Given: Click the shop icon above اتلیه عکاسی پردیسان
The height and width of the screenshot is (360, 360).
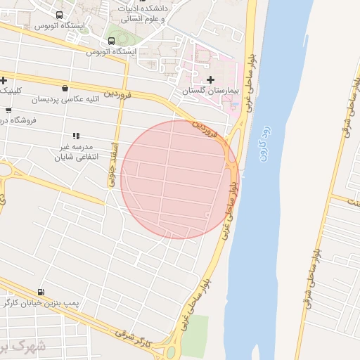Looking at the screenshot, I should click(x=65, y=89).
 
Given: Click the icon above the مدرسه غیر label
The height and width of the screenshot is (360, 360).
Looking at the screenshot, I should click(x=75, y=136).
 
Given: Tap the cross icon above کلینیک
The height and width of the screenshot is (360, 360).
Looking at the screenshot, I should click(x=4, y=80).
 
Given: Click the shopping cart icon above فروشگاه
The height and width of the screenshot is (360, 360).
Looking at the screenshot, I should click(x=8, y=110).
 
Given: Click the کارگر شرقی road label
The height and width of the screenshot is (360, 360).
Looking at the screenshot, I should click(x=134, y=339).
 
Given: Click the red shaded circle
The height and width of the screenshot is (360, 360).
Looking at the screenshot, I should click(x=179, y=179).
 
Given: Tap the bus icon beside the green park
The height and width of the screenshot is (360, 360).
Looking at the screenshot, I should click(x=112, y=41).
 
